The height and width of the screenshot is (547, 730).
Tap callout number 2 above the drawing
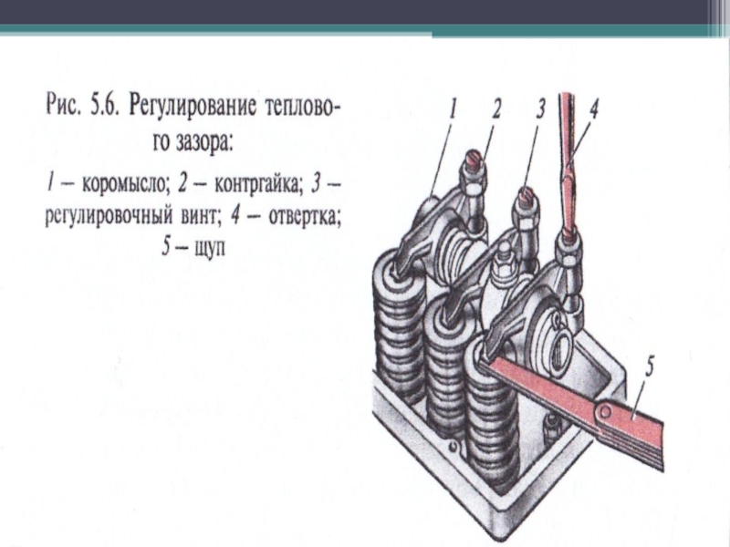point(496,110)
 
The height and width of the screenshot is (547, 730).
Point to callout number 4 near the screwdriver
point(593,109)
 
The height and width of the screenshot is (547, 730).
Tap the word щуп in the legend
point(205,247)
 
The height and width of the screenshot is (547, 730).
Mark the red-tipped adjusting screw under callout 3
point(526,195)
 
